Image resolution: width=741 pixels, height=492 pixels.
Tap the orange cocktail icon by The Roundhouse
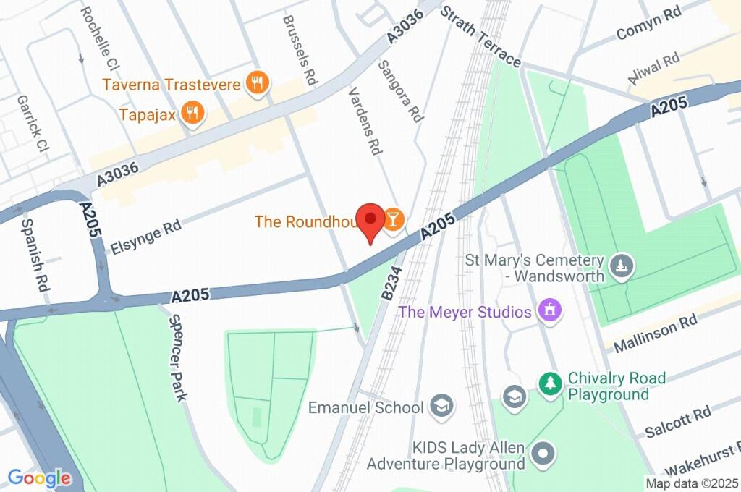coord(393,221)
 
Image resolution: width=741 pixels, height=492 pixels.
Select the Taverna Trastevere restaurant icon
coord(257,84)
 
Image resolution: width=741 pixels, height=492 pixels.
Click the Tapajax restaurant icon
coord(193,113)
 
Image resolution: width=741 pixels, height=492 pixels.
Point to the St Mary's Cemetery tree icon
coord(621,267)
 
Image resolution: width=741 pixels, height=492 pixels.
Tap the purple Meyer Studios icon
coord(550,312)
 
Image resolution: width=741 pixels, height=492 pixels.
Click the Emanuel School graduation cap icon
coord(441,407)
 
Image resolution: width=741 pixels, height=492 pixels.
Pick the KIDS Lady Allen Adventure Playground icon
coord(543,454)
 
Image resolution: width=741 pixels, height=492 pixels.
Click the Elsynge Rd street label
coord(145,237)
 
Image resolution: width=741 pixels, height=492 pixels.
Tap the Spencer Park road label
coord(178,357)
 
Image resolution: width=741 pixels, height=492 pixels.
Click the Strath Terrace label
coord(480,36)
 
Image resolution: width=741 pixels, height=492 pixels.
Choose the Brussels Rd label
coord(300,50)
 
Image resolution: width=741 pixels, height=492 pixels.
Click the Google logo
coord(39,478)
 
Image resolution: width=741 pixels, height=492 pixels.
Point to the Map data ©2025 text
coord(692,483)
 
